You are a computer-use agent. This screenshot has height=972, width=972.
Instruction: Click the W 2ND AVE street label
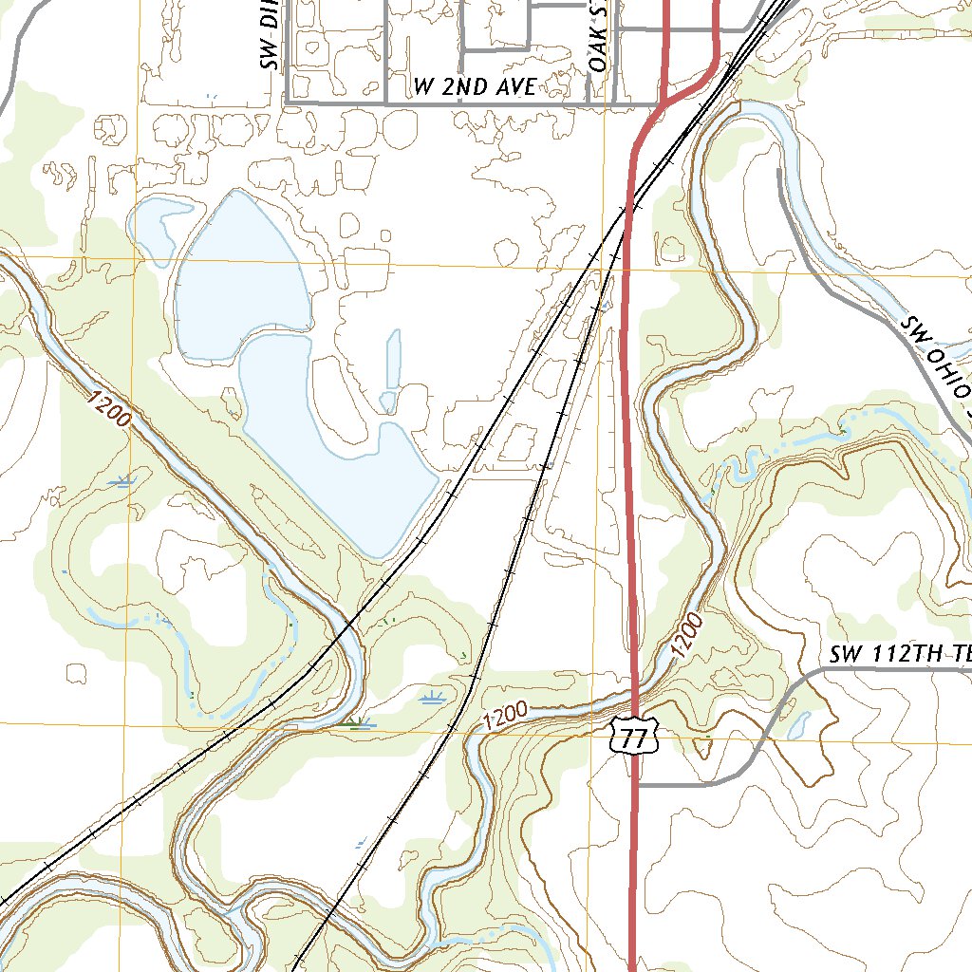tap(476, 87)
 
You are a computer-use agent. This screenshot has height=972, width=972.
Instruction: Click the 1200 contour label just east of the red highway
tap(687, 636)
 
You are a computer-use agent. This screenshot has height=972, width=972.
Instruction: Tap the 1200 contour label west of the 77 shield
tap(504, 715)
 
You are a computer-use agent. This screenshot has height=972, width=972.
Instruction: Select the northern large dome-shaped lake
tap(242, 275)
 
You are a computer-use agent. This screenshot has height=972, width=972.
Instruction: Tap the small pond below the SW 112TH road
tap(798, 726)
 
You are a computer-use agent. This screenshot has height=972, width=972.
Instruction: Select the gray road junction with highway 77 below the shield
tap(636, 785)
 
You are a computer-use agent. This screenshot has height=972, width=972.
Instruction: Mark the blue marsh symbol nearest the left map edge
tap(120, 482)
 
